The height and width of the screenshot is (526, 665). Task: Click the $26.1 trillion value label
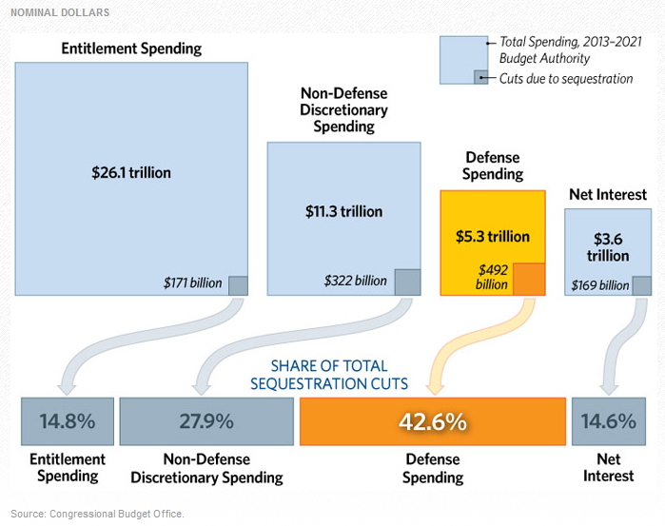tap(131, 173)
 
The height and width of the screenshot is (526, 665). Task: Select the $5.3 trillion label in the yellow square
tap(492, 236)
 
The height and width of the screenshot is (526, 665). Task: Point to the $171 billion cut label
tap(193, 282)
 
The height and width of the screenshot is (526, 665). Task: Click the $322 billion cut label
tap(355, 281)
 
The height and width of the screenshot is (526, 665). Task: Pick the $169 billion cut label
tap(599, 285)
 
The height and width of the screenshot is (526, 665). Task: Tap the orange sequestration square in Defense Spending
tap(528, 279)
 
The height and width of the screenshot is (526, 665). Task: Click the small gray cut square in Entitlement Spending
tap(238, 283)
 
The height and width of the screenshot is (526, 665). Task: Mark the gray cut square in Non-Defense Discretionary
tap(407, 281)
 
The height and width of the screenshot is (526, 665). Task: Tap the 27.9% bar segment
tap(206, 421)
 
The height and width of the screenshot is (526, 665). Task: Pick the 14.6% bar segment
tap(608, 421)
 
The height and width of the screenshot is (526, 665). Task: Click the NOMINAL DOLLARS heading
tap(59, 12)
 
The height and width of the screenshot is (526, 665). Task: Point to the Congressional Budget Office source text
tap(98, 514)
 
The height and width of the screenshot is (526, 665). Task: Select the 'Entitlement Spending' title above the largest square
tap(131, 49)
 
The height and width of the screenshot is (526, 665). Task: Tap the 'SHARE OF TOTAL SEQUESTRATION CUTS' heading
tap(328, 375)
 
